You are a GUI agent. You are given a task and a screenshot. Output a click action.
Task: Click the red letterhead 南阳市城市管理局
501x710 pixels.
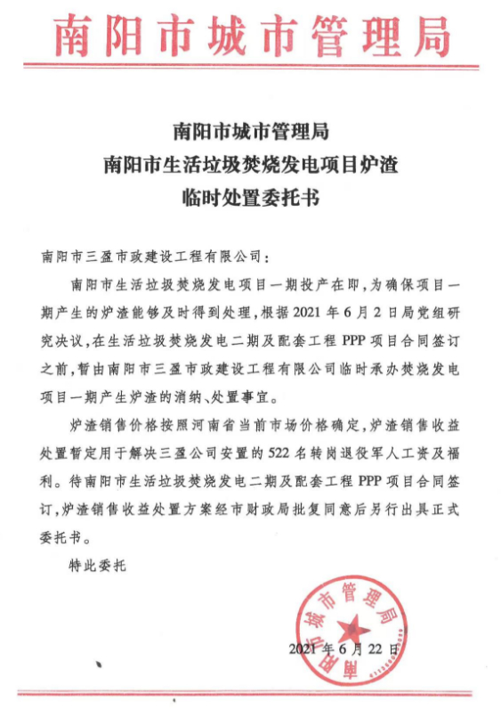pyautogui.click(x=251, y=36)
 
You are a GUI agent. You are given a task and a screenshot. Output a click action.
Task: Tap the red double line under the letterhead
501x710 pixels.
pyautogui.click(x=251, y=65)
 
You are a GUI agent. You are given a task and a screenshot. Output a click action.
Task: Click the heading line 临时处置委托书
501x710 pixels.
pyautogui.click(x=250, y=196)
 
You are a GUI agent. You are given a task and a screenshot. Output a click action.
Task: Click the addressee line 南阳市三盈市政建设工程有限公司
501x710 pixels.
pyautogui.click(x=153, y=257)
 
